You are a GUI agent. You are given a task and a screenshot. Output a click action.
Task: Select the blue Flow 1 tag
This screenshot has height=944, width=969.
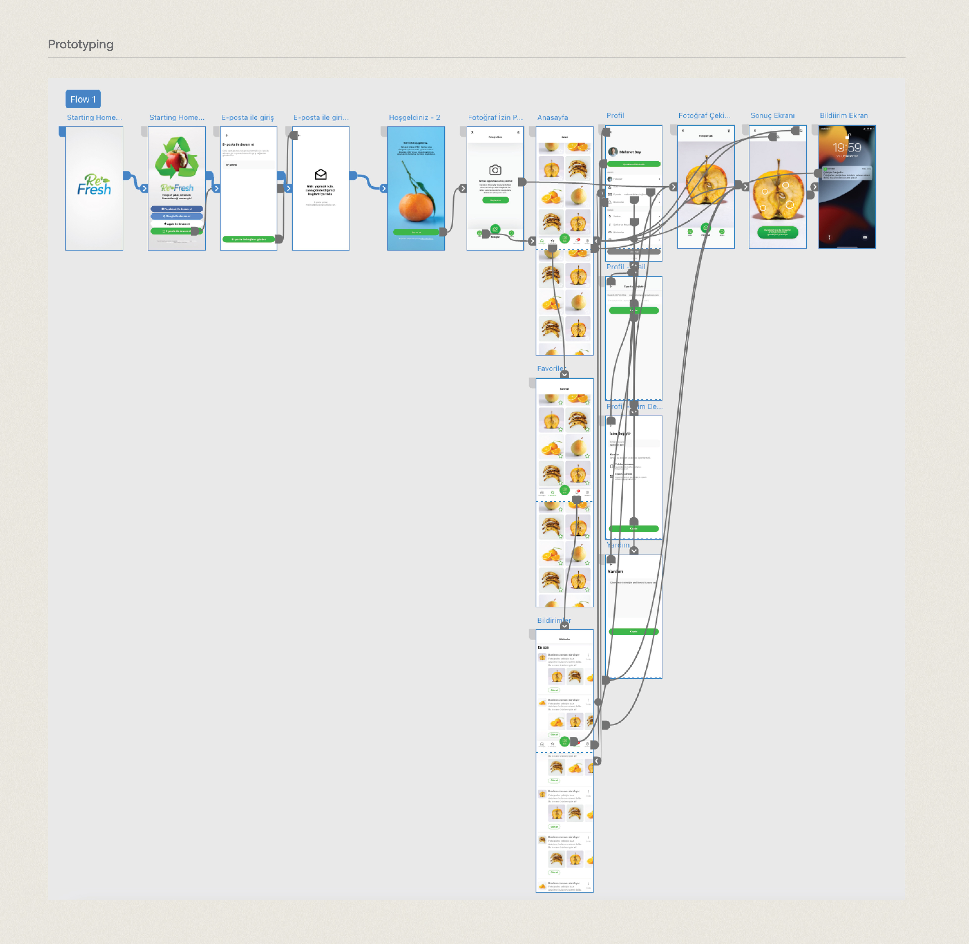[x=83, y=99]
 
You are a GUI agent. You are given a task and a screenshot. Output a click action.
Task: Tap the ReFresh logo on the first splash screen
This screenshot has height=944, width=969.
[x=94, y=185]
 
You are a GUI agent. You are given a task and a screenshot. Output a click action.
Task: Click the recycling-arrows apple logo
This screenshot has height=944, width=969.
[x=177, y=158]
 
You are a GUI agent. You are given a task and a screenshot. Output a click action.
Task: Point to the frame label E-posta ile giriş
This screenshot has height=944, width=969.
[x=248, y=118]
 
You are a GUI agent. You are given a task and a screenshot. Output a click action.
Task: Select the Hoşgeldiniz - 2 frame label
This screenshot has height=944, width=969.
[x=414, y=118]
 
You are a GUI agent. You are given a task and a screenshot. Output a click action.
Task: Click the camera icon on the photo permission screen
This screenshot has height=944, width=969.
[x=495, y=170]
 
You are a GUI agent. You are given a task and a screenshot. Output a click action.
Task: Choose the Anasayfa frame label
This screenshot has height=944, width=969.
[x=552, y=118]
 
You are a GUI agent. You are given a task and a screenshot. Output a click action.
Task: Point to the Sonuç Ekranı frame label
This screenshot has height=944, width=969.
[x=772, y=116]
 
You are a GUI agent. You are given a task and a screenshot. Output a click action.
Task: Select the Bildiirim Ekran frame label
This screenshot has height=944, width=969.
[x=844, y=116]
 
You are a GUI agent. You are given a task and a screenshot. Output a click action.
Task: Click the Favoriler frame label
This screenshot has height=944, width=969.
[x=550, y=368]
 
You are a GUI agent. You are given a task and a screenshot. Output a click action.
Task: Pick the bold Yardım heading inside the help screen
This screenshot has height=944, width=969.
[x=615, y=572]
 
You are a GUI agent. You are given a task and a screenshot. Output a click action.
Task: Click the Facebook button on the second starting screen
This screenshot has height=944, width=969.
[x=177, y=209]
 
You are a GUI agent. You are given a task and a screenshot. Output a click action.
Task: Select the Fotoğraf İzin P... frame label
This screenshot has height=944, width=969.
[x=495, y=118]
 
